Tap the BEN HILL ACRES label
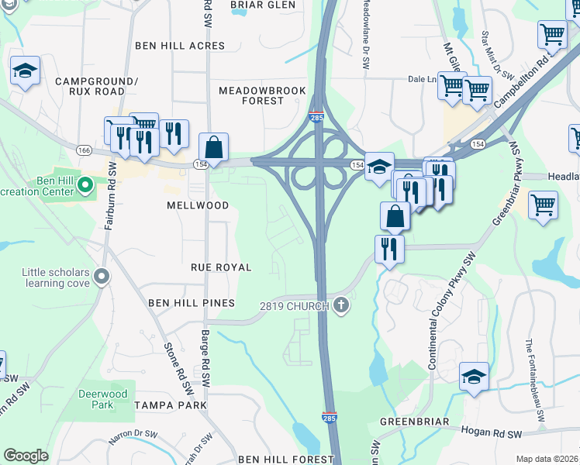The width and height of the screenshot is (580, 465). (180, 46)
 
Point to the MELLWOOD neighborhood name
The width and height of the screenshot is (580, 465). (198, 205)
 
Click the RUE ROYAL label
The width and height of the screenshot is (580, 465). (222, 267)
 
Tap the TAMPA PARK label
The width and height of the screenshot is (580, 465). (170, 405)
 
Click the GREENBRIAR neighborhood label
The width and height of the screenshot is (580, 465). (414, 422)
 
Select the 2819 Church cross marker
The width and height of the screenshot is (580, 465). (340, 305)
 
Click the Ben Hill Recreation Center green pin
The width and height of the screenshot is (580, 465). (86, 185)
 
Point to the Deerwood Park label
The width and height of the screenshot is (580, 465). (102, 399)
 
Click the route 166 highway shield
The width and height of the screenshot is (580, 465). (84, 148)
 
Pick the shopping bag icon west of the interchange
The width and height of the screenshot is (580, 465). (213, 147)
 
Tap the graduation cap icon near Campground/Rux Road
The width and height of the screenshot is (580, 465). (25, 72)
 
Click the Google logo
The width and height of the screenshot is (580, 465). (26, 456)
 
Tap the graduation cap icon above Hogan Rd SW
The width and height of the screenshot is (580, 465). (474, 377)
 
